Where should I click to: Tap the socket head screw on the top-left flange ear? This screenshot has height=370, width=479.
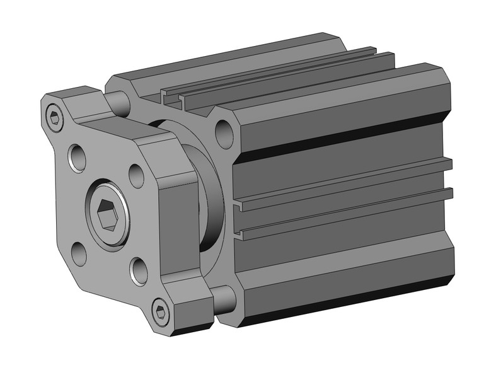(55, 117)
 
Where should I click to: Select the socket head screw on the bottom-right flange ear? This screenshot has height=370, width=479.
(161, 311)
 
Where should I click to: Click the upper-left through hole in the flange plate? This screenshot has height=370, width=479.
(78, 158)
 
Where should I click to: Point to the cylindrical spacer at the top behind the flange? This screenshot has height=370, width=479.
(117, 101)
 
